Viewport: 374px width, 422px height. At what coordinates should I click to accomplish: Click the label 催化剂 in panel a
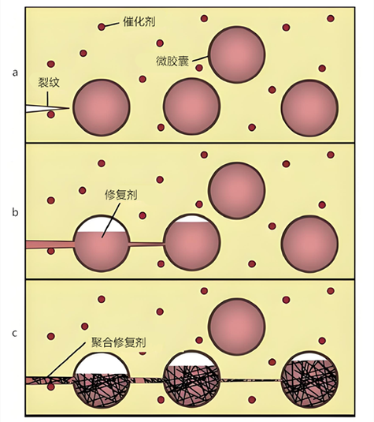pos(139,21)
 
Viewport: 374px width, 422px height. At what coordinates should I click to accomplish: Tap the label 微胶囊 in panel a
pos(172,61)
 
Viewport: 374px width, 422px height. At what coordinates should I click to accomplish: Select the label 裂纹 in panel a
pos(49,82)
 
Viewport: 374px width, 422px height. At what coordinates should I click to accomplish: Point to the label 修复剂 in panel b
pos(121,195)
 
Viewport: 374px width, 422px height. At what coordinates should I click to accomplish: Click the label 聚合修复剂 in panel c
pos(119,342)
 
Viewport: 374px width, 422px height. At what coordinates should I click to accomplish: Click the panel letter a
pos(15,73)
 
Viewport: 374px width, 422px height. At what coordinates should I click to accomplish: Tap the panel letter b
pos(15,212)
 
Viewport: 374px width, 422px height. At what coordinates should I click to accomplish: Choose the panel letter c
pos(15,334)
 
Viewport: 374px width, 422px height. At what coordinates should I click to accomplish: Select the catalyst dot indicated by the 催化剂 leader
pos(102,27)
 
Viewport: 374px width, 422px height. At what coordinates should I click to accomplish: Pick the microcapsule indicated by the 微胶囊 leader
pos(237,54)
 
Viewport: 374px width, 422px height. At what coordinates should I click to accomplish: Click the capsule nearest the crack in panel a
pos(102,107)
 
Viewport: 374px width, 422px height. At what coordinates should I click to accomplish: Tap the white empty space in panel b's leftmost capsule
pos(102,225)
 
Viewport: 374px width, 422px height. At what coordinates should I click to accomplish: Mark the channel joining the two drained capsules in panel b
pos(147,244)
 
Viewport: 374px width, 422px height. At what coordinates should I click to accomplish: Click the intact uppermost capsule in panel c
pos(237,327)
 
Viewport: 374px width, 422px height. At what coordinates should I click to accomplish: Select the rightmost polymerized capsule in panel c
pos(309,379)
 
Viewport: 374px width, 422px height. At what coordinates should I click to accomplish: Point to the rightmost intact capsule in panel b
pos(309,244)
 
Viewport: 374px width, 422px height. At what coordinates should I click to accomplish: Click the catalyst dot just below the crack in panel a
pos(50,114)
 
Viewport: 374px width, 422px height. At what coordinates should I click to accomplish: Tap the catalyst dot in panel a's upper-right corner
pos(331,19)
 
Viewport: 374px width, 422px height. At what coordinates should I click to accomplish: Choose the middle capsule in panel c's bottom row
pos(192,379)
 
